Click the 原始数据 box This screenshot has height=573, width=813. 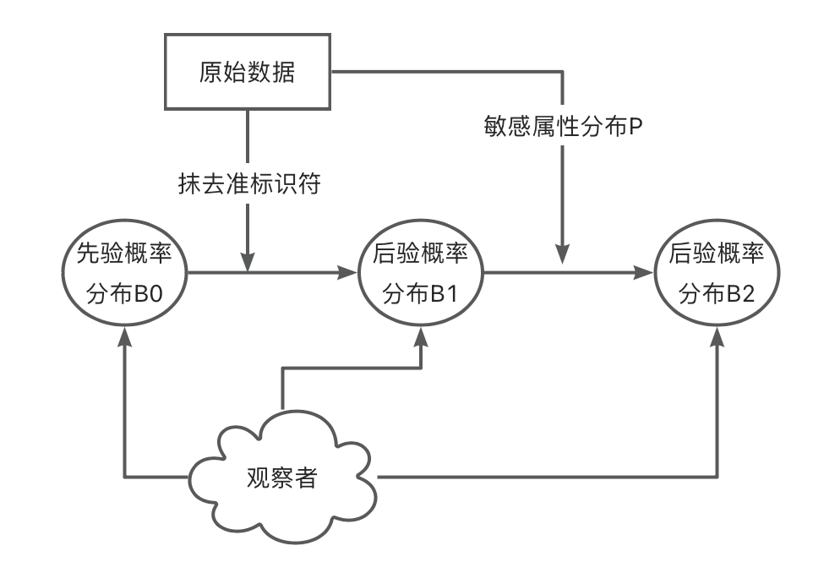(x=248, y=74)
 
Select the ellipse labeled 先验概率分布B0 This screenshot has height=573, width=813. (x=125, y=272)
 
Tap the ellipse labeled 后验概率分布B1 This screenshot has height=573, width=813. (x=420, y=272)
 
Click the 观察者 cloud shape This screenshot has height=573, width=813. (x=282, y=477)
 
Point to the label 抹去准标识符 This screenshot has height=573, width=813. (x=249, y=184)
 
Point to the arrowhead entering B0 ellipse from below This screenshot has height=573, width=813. (x=125, y=337)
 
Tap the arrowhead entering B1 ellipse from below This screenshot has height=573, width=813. (x=420, y=337)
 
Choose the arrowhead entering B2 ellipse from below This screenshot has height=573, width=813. (x=718, y=337)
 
